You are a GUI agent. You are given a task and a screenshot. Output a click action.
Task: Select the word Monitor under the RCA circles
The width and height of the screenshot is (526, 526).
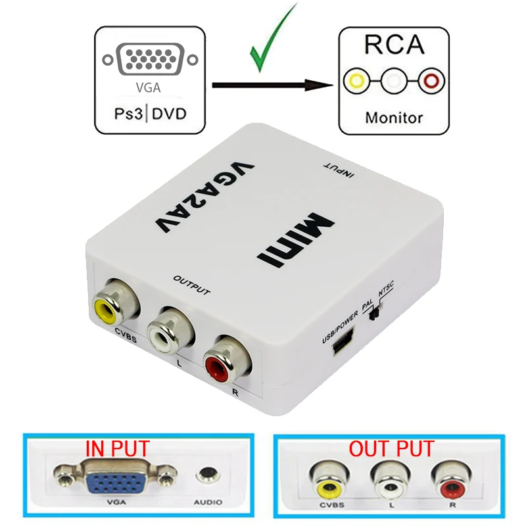click(x=393, y=118)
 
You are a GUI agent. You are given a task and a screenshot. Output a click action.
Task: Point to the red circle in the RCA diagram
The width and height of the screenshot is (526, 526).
click(x=431, y=83)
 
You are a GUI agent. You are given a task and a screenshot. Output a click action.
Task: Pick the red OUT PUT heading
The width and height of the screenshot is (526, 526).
click(x=391, y=449)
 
